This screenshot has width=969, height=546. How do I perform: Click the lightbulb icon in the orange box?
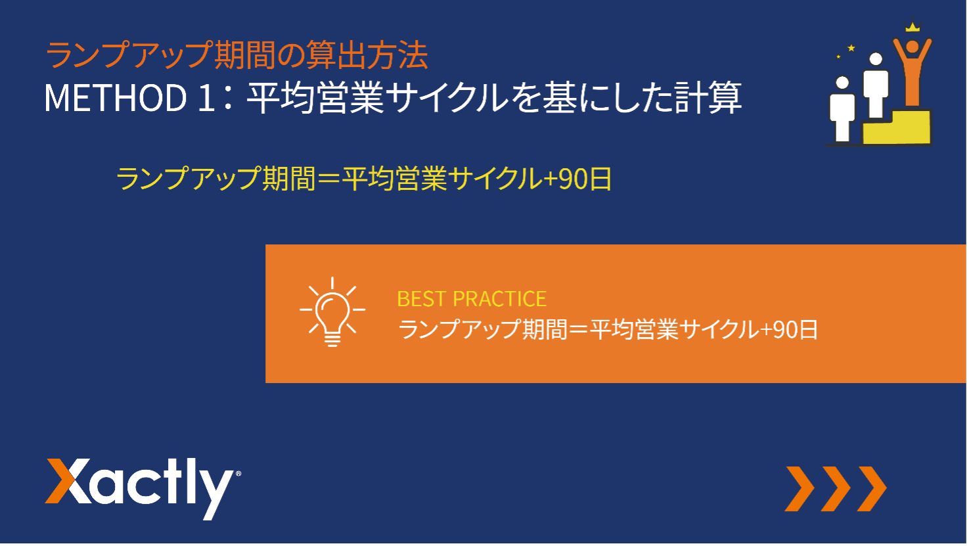[x=332, y=312]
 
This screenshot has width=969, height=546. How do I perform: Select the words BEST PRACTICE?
[x=472, y=299]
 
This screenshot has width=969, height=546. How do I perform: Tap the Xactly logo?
[x=143, y=488]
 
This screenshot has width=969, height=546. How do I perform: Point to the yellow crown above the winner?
[x=913, y=27]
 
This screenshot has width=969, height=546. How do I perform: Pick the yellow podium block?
[x=897, y=127]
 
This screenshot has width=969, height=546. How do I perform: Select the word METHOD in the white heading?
[x=116, y=98]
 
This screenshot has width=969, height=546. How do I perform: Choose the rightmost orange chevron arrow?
[x=872, y=489]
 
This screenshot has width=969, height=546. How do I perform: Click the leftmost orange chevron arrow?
[x=800, y=489]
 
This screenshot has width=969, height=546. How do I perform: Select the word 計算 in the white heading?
[x=708, y=98]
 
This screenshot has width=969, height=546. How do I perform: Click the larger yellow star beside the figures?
[x=851, y=47]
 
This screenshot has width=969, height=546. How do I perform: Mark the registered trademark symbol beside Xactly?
[x=238, y=474]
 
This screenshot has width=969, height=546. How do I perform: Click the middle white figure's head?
[x=876, y=59]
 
